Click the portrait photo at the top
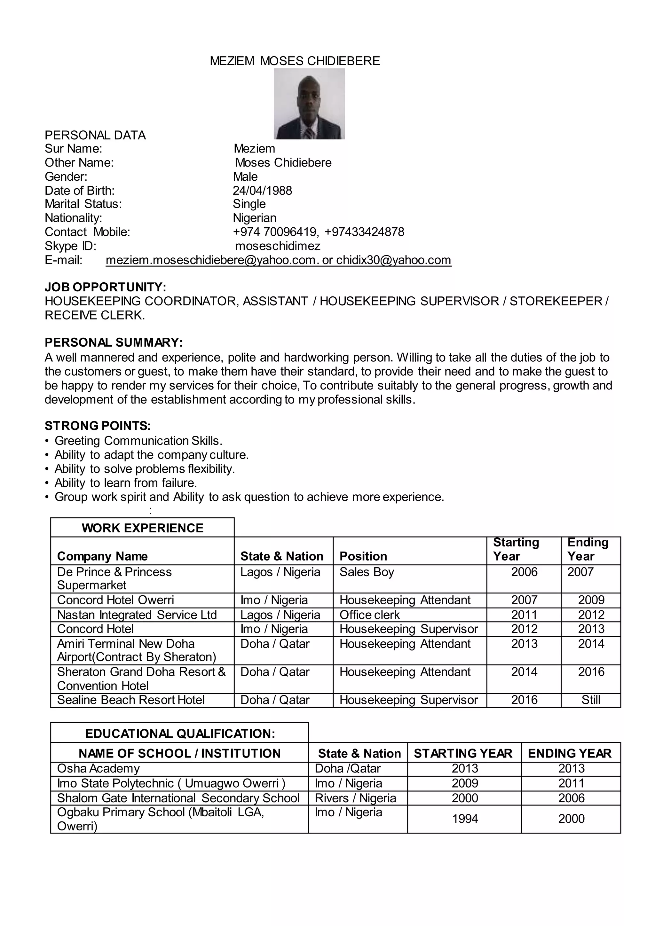tap(309, 104)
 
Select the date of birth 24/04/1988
tap(262, 190)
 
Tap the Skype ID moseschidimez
tap(278, 246)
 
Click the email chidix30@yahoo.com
tap(393, 260)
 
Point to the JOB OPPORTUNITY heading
tap(105, 287)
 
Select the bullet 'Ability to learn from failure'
tap(125, 483)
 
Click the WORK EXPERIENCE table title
tap(142, 528)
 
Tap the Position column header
tap(363, 556)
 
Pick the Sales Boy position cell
tap(367, 572)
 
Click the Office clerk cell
tap(369, 615)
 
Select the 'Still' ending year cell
tap(590, 700)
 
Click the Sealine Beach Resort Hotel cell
tap(131, 700)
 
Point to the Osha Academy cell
tap(99, 768)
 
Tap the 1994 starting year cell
tap(465, 819)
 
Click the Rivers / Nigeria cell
tap(355, 798)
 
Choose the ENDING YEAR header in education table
tap(570, 753)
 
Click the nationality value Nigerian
tap(255, 218)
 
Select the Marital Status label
tap(83, 204)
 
